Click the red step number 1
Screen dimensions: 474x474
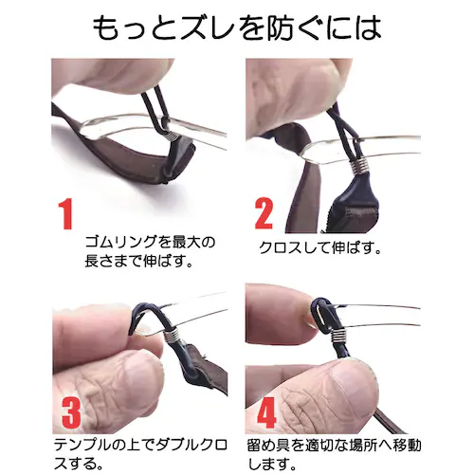coord(65,213)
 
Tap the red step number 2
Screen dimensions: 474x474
coord(264,213)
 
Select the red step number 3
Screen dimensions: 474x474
coord(71,411)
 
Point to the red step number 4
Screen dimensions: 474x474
coord(267,412)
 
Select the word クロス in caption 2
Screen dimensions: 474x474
coord(280,247)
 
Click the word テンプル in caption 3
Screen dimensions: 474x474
coord(82,445)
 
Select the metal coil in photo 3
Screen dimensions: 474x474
coord(172,336)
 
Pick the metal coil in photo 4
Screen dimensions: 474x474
coord(338,337)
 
